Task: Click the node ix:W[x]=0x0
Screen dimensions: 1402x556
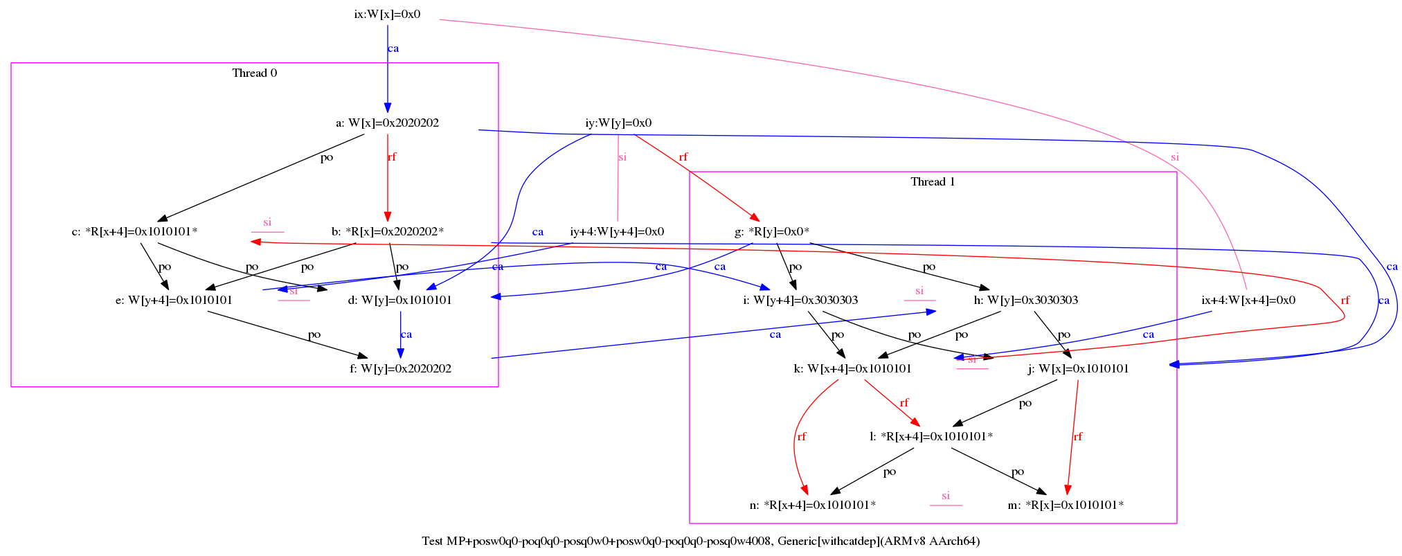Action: [387, 14]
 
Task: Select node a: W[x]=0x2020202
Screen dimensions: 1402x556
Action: [387, 123]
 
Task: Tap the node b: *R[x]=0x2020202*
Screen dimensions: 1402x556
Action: [387, 231]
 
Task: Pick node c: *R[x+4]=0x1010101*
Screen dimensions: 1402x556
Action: [134, 231]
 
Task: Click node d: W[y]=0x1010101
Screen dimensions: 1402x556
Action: [399, 300]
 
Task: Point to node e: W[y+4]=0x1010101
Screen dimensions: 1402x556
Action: [174, 300]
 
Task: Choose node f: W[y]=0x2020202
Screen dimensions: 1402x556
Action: [400, 368]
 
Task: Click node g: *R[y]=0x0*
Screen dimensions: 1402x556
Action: [772, 231]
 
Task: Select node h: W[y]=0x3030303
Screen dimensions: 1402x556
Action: [1025, 300]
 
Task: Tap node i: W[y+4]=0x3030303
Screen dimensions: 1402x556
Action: [800, 300]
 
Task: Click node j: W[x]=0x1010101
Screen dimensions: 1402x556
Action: [1078, 368]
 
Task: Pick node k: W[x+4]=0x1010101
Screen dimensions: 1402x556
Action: [852, 368]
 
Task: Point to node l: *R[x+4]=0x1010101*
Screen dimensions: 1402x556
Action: [931, 436]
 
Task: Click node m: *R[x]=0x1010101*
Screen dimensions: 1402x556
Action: [1066, 505]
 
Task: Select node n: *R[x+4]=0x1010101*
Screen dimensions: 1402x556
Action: [812, 505]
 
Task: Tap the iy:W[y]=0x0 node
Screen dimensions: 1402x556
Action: [618, 123]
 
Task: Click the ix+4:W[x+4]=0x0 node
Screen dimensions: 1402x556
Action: [1248, 300]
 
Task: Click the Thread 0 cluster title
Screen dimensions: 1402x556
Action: [254, 73]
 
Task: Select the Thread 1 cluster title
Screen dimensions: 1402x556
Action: [933, 181]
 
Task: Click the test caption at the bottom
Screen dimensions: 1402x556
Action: [701, 541]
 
